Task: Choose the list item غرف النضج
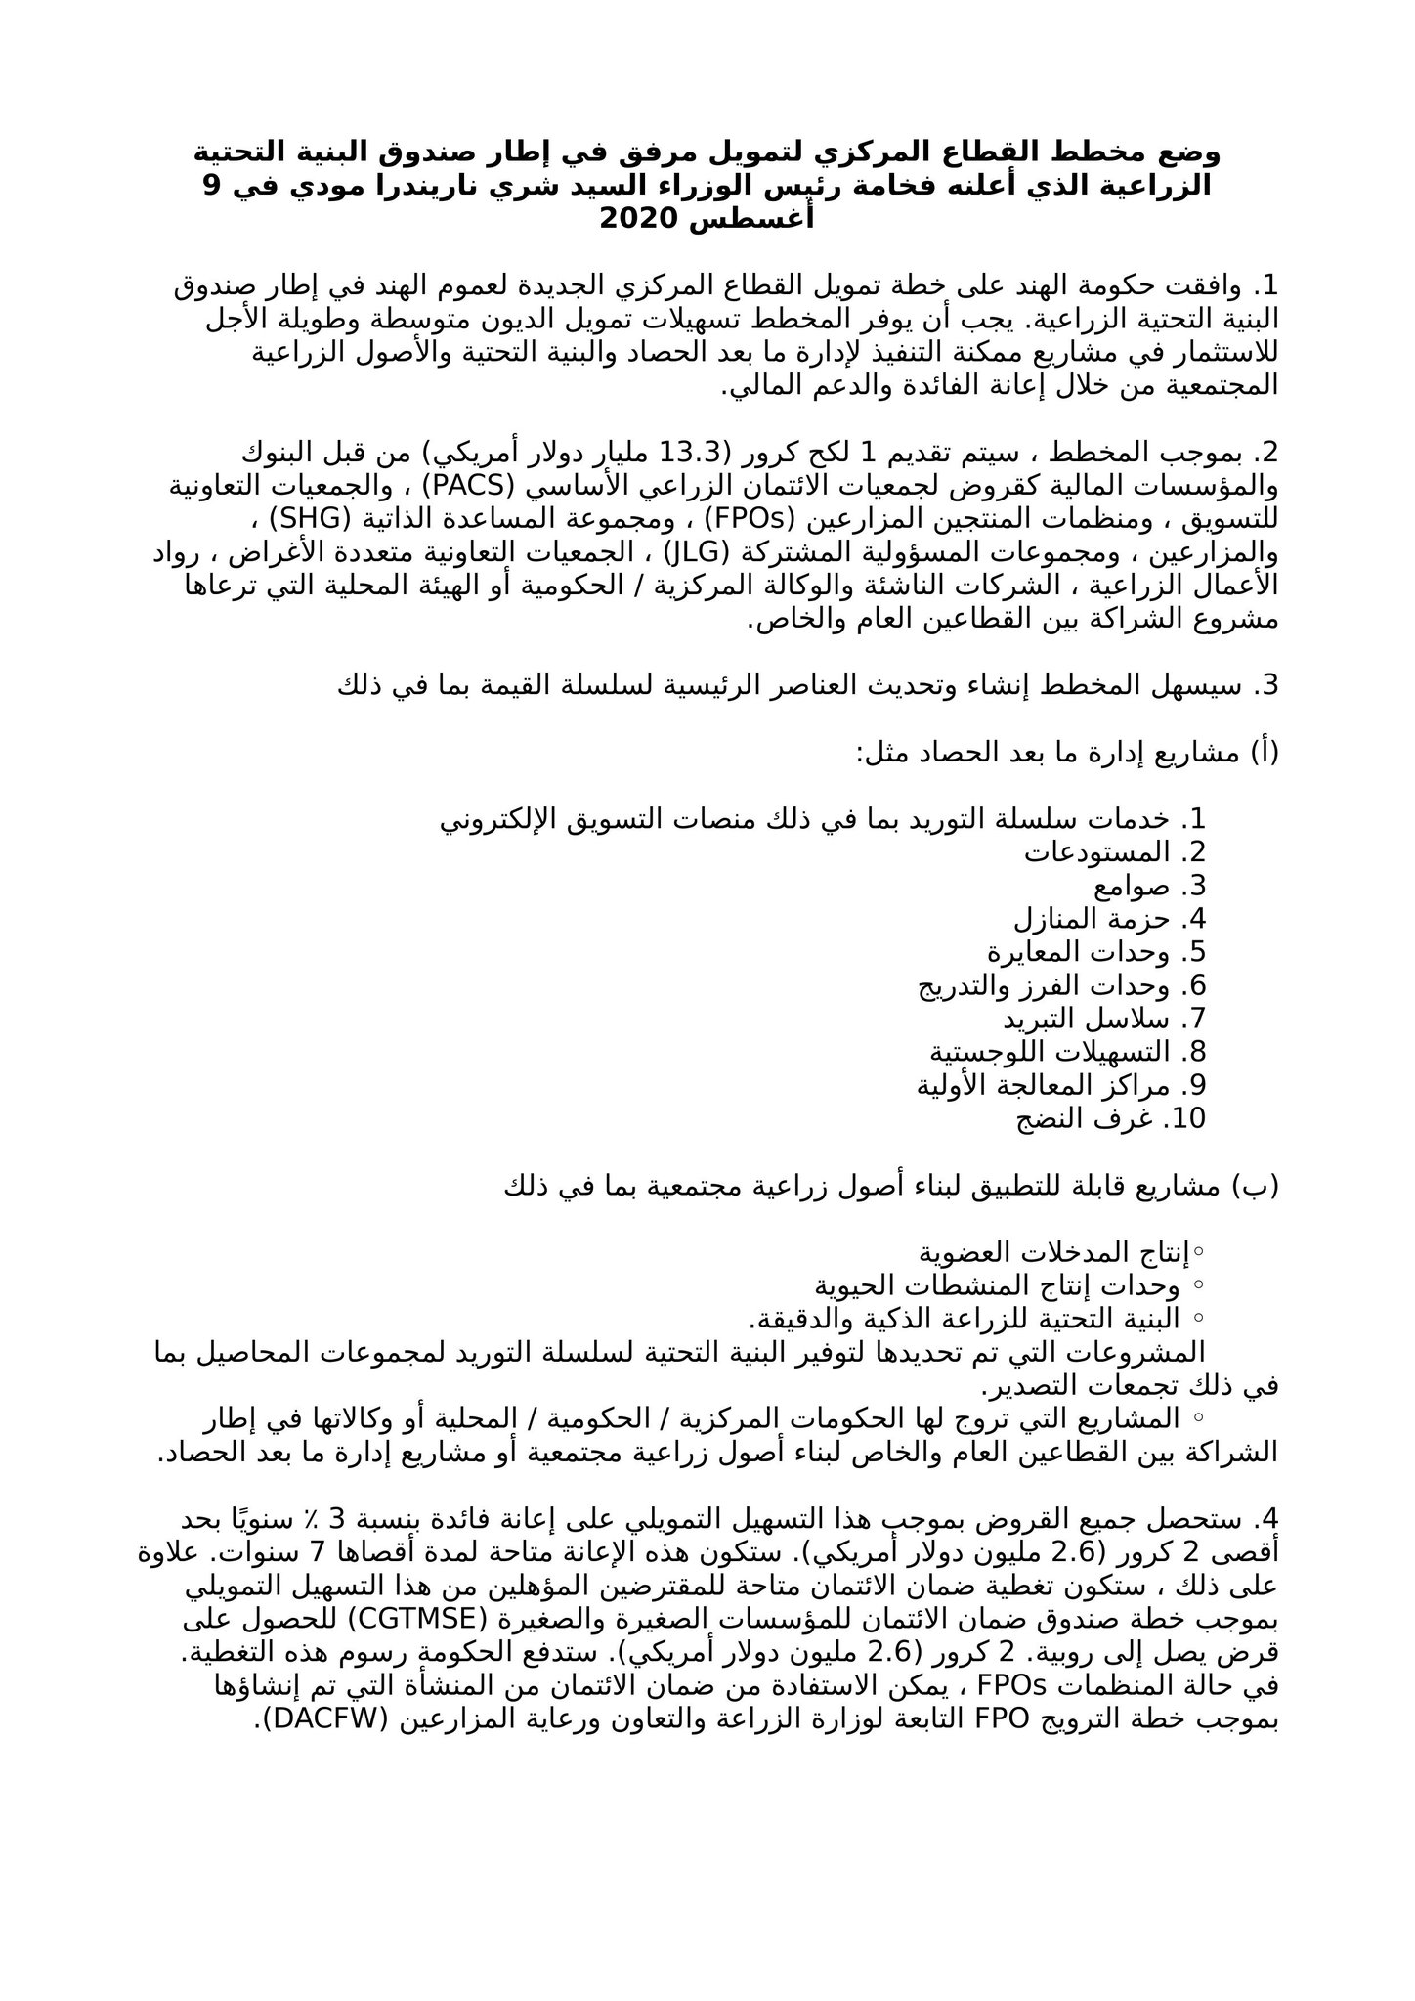(1075, 1118)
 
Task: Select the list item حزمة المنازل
(1091, 919)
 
